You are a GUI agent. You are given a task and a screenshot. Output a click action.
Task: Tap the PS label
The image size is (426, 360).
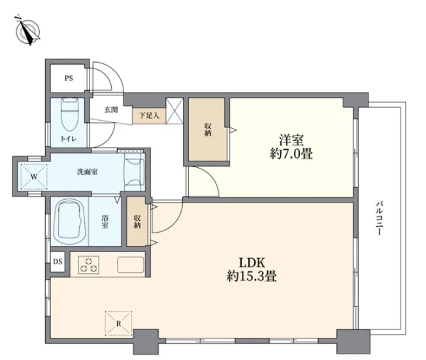69,78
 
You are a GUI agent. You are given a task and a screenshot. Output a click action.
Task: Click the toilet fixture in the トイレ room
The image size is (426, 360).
70,114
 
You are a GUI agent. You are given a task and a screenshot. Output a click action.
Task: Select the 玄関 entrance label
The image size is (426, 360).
111,110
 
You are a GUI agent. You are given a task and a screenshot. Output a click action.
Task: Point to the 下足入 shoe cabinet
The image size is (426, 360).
149,116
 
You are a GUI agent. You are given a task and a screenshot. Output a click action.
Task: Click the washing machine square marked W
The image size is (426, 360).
34,176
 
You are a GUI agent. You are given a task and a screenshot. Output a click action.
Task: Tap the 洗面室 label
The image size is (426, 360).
87,172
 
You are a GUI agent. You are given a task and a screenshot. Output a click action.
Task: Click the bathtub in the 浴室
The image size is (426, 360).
71,222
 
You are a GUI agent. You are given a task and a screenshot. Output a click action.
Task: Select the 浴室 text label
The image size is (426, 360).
105,221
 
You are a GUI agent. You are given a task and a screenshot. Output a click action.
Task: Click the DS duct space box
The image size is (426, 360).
57,262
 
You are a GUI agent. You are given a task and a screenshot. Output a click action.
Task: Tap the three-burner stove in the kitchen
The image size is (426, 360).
89,265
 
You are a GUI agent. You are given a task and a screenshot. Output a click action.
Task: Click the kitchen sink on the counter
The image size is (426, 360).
131,265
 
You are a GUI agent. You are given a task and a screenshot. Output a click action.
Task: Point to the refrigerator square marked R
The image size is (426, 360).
118,323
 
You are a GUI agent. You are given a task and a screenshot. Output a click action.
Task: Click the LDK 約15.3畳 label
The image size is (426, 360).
252,270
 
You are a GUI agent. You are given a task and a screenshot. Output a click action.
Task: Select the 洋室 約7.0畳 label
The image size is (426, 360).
291,147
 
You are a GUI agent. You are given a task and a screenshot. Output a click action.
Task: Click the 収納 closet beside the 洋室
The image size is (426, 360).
208,129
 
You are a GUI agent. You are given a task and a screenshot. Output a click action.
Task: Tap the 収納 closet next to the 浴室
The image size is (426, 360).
137,221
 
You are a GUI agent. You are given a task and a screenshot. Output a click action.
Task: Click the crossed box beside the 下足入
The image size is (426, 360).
174,111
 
